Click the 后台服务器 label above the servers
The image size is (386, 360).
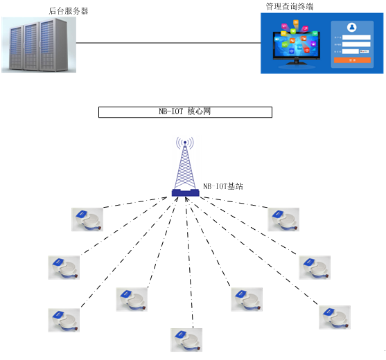coord(69,11)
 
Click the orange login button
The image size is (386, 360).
coord(352,60)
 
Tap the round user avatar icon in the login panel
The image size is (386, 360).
coord(352,28)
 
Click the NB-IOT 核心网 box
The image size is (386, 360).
coord(185,112)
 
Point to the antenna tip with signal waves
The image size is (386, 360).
coord(184,143)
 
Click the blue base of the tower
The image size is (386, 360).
coord(185,192)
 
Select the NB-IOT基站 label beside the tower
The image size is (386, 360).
coord(223,187)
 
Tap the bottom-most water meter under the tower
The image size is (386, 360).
coord(186,339)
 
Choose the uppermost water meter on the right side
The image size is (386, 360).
coord(284,219)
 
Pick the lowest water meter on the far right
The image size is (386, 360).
coord(335,316)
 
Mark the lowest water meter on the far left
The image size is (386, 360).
coord(64,319)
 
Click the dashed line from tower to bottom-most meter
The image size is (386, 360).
coord(186,263)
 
